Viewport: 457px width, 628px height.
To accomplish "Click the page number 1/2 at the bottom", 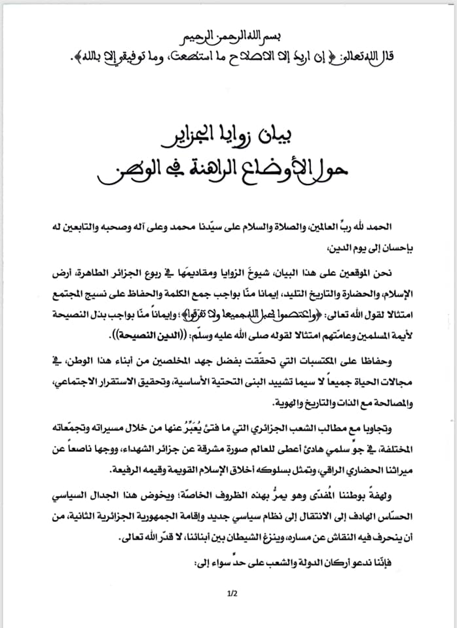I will coord(230,595).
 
